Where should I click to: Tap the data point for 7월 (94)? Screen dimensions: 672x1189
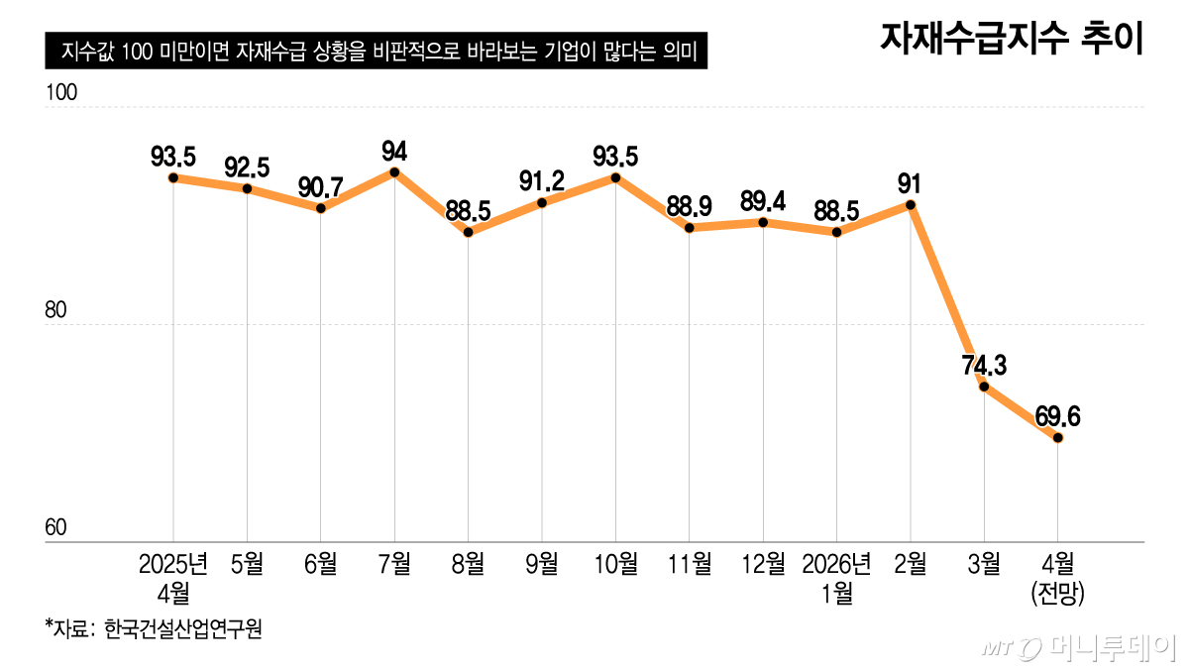pos(394,172)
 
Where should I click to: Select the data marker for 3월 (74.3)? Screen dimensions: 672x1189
pos(984,387)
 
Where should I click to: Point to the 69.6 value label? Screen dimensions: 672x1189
pos(1057,415)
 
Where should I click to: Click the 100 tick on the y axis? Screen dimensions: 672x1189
pos(61,93)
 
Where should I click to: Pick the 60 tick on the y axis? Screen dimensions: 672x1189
pos(55,529)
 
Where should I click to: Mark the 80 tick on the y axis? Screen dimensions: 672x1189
pos(55,311)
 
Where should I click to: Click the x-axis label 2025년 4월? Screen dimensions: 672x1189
pos(172,579)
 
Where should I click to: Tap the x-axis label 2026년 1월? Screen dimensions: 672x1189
pos(837,579)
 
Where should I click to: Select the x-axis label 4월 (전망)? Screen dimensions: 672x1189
pos(1058,579)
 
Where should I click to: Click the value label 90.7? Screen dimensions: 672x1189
pos(321,186)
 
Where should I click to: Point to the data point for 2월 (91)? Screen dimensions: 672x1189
pos(911,205)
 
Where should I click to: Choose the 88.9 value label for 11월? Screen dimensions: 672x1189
pos(690,206)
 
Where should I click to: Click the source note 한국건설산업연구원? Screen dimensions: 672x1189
pos(154,629)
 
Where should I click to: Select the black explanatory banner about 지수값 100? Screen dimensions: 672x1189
pos(376,52)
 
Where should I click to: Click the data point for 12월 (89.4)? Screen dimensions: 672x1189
pos(763,223)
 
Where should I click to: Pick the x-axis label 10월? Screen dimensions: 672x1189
pos(615,565)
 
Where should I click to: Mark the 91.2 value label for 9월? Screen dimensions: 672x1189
pos(542,181)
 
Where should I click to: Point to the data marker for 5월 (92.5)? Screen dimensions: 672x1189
pos(247,188)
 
